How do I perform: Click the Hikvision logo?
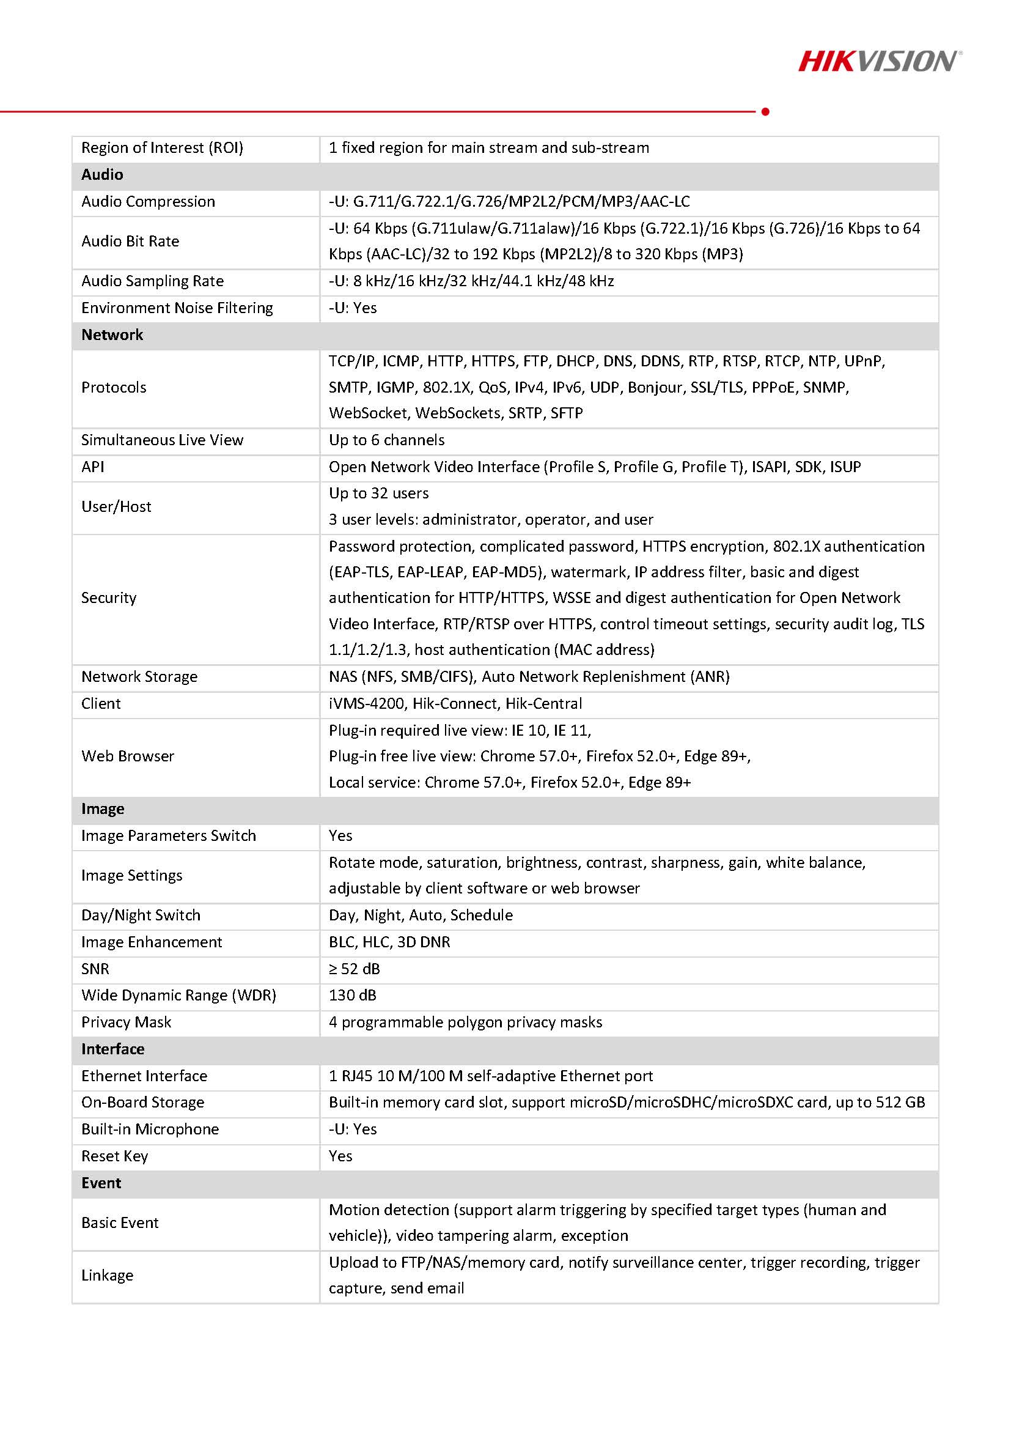pos(879,61)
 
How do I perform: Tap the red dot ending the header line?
pos(765,111)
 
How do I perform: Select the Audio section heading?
pos(102,174)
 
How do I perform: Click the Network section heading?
pos(112,335)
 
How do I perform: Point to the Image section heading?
pos(103,808)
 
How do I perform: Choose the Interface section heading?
pos(112,1049)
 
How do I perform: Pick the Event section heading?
pos(101,1183)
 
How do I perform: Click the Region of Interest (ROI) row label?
pos(162,148)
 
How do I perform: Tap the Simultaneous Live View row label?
pos(162,440)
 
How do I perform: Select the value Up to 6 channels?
pos(386,440)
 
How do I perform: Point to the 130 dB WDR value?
pos(352,996)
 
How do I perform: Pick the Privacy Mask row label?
pos(126,1022)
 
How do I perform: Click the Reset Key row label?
pos(115,1156)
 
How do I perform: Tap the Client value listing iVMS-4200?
pos(455,704)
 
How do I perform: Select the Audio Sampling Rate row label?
pos(153,281)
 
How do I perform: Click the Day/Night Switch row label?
pos(141,915)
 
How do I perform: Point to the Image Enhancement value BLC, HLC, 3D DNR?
pos(389,942)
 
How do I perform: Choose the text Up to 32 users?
pos(378,493)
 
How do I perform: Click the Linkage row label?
pos(107,1275)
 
